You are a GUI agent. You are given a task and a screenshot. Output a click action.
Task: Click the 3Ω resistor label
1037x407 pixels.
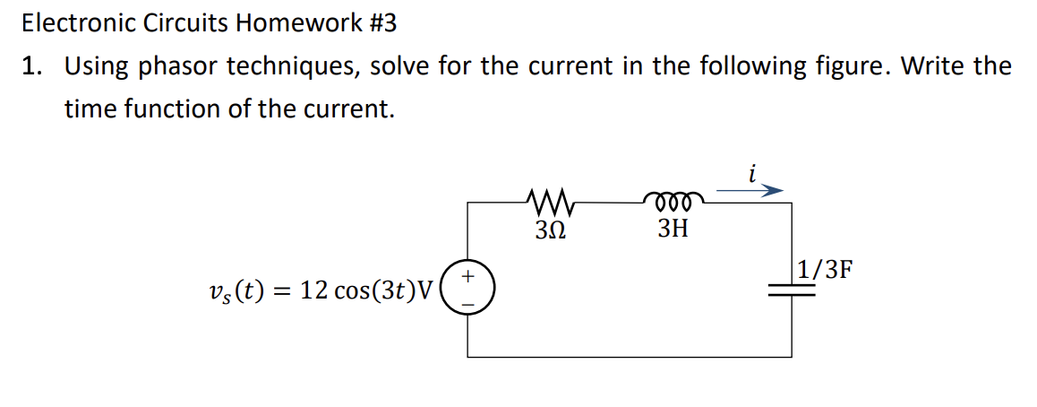pyautogui.click(x=550, y=229)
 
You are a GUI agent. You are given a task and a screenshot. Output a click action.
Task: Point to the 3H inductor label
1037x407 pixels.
pyautogui.click(x=673, y=229)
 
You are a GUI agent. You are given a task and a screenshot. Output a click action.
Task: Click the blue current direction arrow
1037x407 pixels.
pyautogui.click(x=750, y=190)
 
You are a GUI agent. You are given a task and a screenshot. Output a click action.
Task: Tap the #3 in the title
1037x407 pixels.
pyautogui.click(x=380, y=24)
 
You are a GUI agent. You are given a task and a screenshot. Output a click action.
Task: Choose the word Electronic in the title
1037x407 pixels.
pyautogui.click(x=79, y=24)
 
